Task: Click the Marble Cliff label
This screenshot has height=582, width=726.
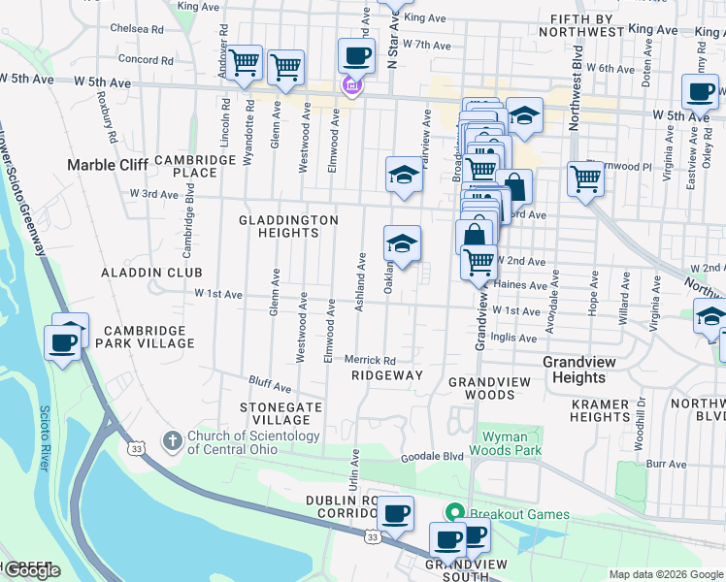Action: point(107,165)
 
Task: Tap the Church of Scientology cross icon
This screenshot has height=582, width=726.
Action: point(173,442)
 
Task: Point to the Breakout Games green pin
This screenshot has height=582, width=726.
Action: point(452,512)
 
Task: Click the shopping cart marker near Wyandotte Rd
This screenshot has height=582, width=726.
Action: point(245,64)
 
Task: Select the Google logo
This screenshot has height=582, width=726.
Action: point(31,570)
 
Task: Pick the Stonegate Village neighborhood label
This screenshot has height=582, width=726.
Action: point(280,413)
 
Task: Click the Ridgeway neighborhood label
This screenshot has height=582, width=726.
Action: point(387,375)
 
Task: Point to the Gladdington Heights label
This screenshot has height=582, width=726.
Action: point(288,227)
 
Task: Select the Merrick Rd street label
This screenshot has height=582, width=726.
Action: point(371,360)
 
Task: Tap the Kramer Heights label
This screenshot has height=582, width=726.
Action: point(601,410)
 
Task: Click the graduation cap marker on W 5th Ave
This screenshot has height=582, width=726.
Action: point(524,115)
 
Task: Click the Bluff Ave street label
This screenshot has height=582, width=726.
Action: point(270,387)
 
